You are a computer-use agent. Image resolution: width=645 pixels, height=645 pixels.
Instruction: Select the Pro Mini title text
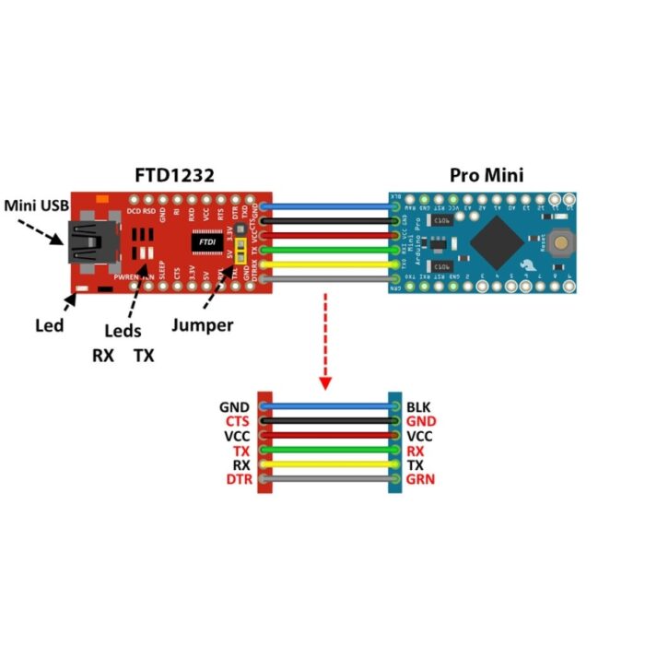pyautogui.click(x=486, y=173)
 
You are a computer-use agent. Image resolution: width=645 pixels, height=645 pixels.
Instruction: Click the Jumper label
pyautogui.click(x=203, y=324)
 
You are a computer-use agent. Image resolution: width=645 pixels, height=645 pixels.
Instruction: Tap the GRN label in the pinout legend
pyautogui.click(x=420, y=479)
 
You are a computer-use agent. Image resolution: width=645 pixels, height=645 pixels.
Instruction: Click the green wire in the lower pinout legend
pyautogui.click(x=327, y=451)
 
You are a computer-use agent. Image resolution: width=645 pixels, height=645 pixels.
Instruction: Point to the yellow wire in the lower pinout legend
pyautogui.click(x=327, y=465)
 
